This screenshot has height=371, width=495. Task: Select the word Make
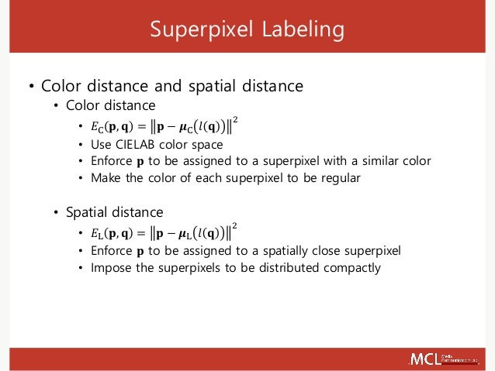click(x=106, y=177)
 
